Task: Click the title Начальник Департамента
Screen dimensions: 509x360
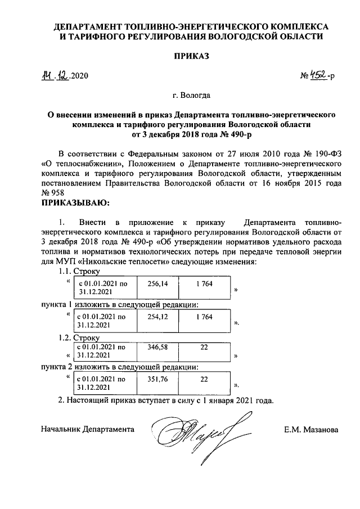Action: (x=88, y=429)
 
